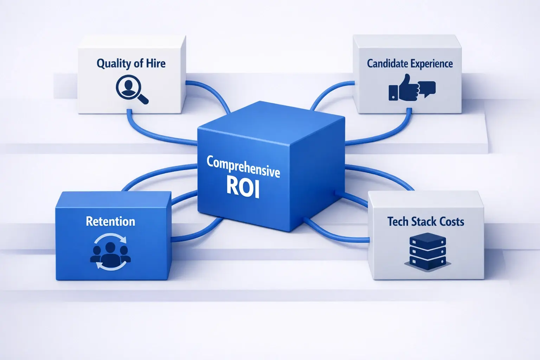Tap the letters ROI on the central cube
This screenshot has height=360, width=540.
[243, 186]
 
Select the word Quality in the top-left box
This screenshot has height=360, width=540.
[114, 64]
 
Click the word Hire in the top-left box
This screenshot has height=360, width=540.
[155, 63]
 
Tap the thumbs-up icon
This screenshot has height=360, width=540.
[404, 88]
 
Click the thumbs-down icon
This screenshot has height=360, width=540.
[427, 89]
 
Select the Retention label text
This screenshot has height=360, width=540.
[110, 221]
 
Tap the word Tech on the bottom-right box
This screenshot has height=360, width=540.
[398, 221]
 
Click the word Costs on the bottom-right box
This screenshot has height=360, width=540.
[452, 221]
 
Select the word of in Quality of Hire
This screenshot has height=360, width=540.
[138, 63]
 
